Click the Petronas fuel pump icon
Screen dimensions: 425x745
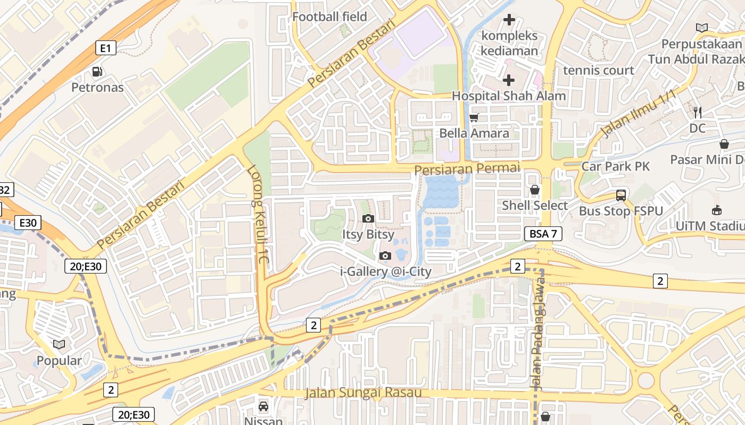click(97, 71)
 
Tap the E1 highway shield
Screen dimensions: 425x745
click(106, 48)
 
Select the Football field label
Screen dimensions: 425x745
click(329, 16)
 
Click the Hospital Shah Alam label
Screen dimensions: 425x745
click(509, 96)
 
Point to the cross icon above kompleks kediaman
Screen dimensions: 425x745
click(509, 20)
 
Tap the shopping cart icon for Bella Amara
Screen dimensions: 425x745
click(474, 117)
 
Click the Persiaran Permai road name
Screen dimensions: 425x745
click(467, 168)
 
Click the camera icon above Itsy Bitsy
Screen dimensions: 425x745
click(368, 218)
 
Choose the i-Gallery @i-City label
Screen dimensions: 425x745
click(386, 271)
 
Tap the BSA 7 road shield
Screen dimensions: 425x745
click(543, 233)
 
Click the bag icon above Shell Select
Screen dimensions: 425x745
click(535, 190)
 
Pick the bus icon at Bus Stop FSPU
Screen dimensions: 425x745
click(621, 195)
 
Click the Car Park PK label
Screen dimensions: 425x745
click(615, 166)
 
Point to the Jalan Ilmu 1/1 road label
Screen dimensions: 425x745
click(638, 114)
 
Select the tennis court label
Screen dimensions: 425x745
click(599, 70)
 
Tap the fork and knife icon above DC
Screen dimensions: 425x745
click(698, 112)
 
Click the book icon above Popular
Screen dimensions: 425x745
click(59, 344)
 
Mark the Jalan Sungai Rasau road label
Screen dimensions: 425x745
click(363, 393)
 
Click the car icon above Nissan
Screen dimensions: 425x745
click(263, 407)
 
